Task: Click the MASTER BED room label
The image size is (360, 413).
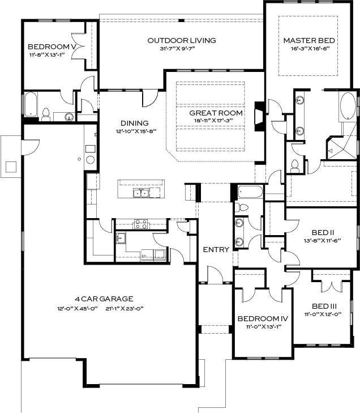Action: tap(309, 41)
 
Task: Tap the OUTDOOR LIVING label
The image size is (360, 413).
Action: tap(182, 41)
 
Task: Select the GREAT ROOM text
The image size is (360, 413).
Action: tap(216, 113)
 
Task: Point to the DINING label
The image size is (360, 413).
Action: tap(135, 123)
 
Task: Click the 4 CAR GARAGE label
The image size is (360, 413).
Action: tap(104, 299)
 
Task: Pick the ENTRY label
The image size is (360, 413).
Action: tap(216, 249)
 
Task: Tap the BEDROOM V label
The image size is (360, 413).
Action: tap(52, 47)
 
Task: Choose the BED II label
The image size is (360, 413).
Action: tap(323, 233)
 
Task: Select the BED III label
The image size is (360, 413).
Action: tap(324, 306)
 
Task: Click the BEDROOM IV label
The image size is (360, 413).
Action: tap(263, 319)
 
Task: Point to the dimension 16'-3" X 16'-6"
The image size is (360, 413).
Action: tap(310, 49)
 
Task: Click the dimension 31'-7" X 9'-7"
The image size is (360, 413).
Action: tap(177, 49)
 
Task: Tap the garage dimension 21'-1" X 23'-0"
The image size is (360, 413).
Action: tap(125, 308)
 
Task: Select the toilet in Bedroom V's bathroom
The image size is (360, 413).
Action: tap(46, 114)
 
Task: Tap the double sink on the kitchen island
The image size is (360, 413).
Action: tap(141, 193)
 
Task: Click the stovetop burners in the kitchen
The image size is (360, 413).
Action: tap(141, 224)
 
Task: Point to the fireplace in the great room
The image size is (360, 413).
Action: tap(259, 116)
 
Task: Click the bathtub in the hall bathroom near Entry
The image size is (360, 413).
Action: tap(250, 192)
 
